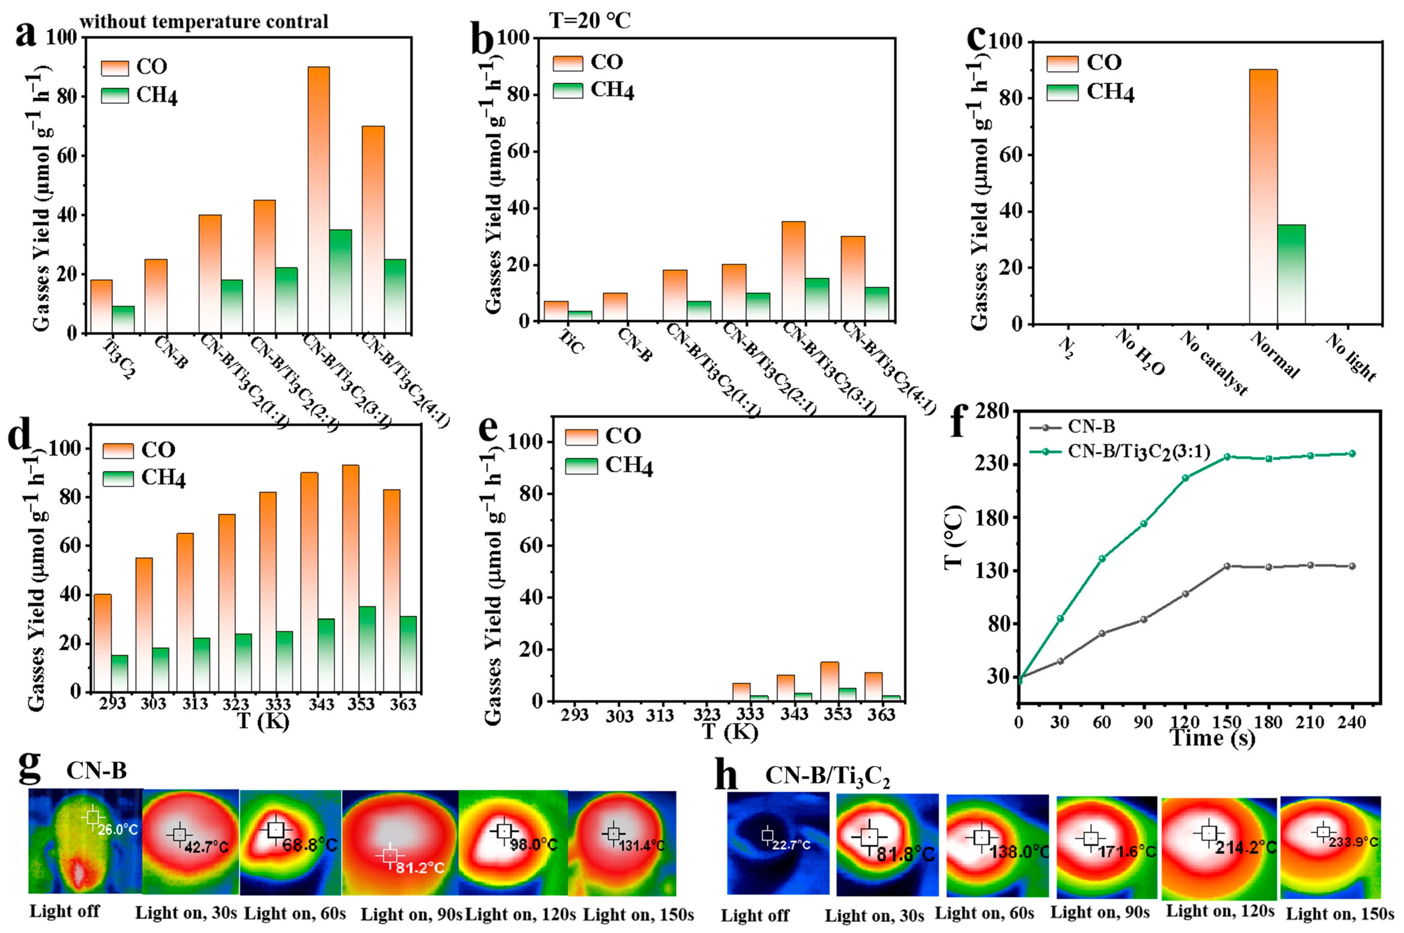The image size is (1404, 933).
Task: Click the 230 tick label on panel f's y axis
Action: [990, 464]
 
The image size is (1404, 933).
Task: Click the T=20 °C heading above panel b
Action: [589, 21]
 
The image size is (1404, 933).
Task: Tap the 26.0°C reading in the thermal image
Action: [118, 829]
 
